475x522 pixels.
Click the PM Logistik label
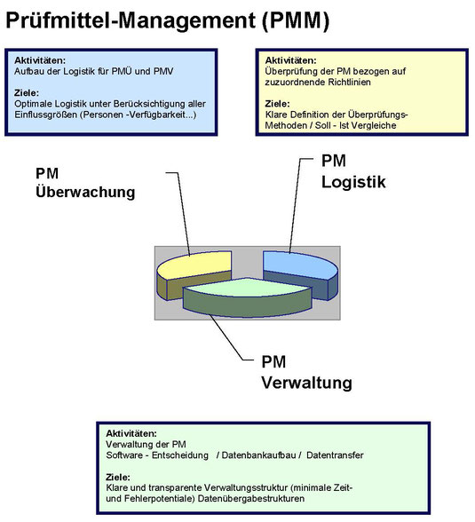[353, 171]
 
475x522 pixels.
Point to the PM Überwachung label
[85, 183]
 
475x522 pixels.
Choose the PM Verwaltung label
[306, 372]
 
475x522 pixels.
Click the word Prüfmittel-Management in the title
[131, 20]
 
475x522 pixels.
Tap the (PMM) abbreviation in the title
[296, 20]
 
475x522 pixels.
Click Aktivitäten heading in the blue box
[40, 60]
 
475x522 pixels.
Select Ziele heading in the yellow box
[277, 104]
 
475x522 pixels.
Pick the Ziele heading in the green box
[118, 477]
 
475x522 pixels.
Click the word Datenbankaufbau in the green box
[258, 455]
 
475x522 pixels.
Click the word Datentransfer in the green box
[335, 455]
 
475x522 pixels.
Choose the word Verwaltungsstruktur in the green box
[246, 487]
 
